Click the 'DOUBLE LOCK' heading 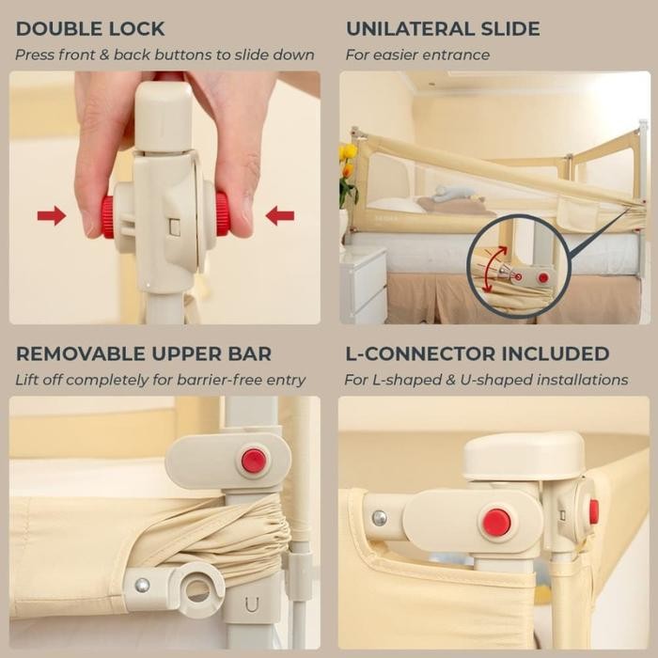click(x=90, y=29)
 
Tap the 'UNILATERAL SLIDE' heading click(x=443, y=29)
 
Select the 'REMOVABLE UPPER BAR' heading click(x=144, y=354)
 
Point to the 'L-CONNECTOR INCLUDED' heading click(x=477, y=354)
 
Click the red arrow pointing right click(x=52, y=216)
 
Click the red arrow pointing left click(x=279, y=216)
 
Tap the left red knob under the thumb click(x=108, y=216)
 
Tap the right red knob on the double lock click(x=223, y=214)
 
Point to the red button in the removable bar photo click(x=253, y=461)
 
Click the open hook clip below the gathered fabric click(x=197, y=589)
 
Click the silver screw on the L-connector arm click(x=379, y=518)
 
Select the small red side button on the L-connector click(x=593, y=511)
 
